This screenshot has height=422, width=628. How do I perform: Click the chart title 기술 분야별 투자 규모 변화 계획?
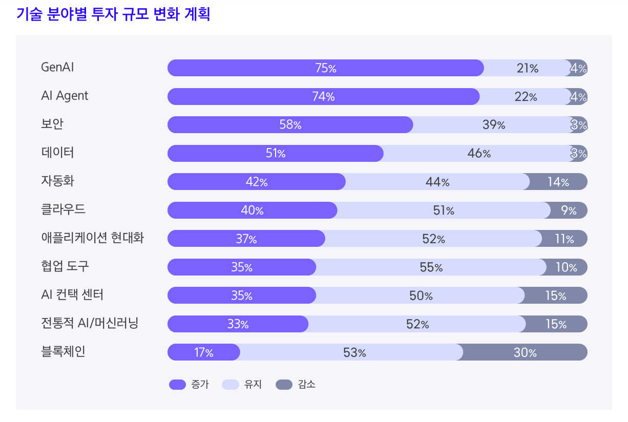[x=113, y=15]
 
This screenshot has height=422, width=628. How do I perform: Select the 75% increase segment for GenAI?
[x=325, y=68]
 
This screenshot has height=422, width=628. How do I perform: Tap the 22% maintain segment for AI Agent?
[x=526, y=97]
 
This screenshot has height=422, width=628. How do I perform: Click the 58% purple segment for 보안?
[x=290, y=125]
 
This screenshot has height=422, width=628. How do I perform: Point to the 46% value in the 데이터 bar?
[x=479, y=153]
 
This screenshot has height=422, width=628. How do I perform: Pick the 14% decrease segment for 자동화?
[x=558, y=182]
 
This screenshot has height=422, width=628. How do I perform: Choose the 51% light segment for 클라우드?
[x=443, y=210]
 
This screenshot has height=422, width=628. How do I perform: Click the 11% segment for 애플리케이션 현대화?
[x=563, y=239]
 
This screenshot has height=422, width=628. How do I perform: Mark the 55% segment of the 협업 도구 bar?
[x=431, y=267]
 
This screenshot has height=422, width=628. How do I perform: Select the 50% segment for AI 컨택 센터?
[x=421, y=296]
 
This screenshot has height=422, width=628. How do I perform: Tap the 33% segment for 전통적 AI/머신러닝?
[x=238, y=324]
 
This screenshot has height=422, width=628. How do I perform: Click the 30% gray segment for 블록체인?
[x=525, y=352]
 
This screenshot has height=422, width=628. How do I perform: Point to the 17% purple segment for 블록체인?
[x=203, y=352]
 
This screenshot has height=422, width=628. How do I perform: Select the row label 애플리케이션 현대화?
[x=92, y=238]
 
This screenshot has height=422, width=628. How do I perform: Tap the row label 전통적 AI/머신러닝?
[x=90, y=323]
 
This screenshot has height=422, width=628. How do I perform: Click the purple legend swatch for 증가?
[x=177, y=385]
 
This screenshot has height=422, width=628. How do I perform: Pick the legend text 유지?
[x=253, y=385]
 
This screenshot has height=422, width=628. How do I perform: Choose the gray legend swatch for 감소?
[x=284, y=385]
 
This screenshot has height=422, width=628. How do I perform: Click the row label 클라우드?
[x=63, y=209]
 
